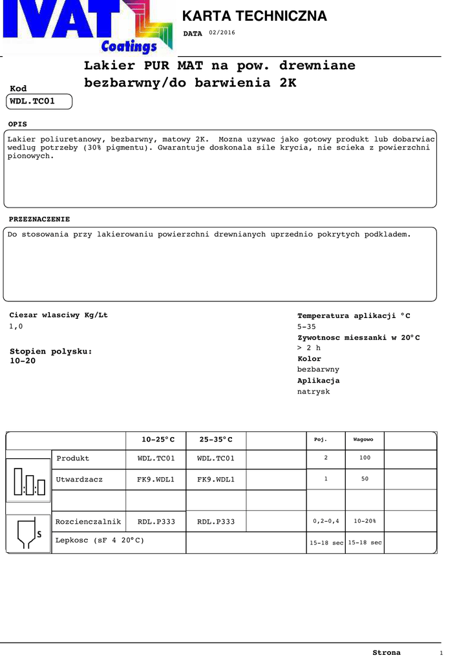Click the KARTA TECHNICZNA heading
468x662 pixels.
(254, 16)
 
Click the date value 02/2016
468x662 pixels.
(222, 33)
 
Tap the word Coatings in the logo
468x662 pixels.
(129, 47)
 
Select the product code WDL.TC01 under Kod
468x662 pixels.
(32, 101)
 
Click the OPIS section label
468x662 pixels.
(18, 123)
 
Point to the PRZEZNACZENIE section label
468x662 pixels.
(39, 219)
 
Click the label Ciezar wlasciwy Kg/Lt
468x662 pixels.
(58, 315)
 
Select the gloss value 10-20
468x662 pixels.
(23, 361)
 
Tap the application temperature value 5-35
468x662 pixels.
(307, 326)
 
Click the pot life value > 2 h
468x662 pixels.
(308, 348)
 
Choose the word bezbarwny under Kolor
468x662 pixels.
(318, 369)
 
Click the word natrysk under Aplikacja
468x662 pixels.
(314, 391)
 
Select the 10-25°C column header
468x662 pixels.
(158, 440)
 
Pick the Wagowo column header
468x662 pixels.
(363, 440)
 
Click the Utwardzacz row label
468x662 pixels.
(79, 480)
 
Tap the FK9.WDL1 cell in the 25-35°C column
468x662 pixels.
(216, 480)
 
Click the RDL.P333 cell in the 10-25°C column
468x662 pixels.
(156, 522)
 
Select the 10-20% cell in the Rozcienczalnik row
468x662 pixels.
(365, 521)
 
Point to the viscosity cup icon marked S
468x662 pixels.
(28, 533)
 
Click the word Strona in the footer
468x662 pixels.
(387, 652)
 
